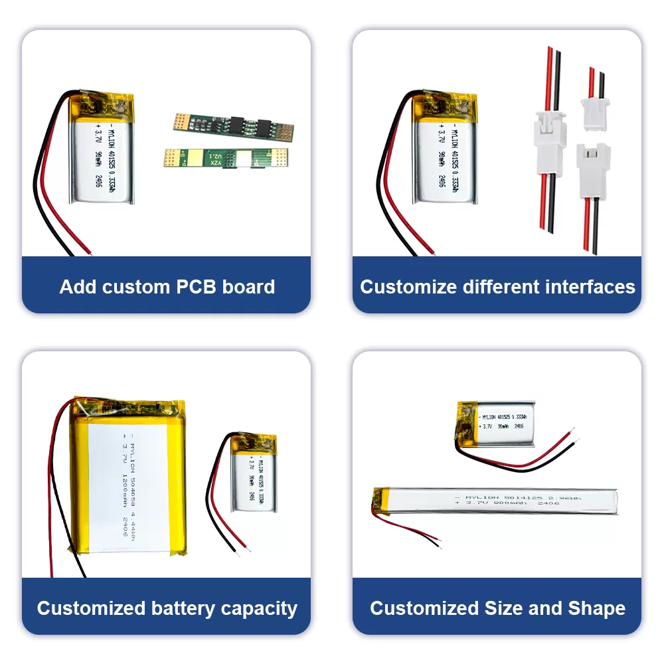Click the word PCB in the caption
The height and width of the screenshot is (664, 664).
click(197, 287)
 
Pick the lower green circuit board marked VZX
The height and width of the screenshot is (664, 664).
click(226, 158)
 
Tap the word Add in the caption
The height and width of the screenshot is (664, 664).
click(76, 287)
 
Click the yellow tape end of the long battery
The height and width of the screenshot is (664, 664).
click(381, 499)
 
